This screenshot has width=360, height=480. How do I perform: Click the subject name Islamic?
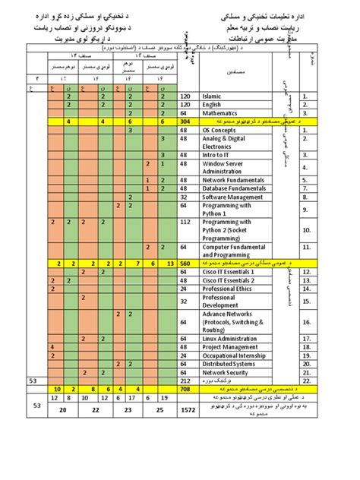click(215, 97)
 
